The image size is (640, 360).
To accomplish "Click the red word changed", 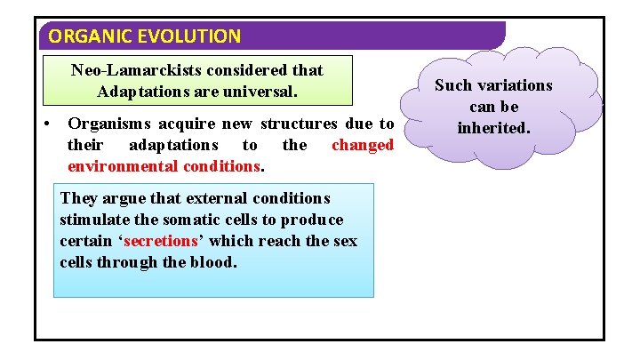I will click(362, 145).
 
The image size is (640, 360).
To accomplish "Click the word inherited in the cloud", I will click(493, 128).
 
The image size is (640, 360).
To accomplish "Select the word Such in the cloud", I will click(452, 85).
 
